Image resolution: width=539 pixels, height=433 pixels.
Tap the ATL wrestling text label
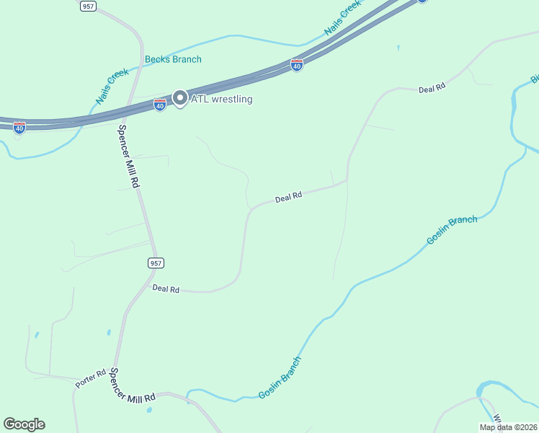(221, 99)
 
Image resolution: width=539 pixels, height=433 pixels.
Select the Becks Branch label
(173, 59)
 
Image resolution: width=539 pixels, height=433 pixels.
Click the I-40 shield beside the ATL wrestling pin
(160, 105)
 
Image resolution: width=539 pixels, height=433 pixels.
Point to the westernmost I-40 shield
(19, 128)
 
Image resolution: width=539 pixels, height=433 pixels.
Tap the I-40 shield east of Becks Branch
(297, 66)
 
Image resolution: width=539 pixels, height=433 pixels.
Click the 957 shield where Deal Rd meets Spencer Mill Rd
(156, 263)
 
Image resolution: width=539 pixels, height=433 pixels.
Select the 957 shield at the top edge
(88, 6)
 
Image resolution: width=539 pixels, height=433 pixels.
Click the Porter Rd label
(90, 378)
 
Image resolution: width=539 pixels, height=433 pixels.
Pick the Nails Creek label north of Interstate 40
(342, 18)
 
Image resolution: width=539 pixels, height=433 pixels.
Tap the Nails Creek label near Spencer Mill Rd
(112, 87)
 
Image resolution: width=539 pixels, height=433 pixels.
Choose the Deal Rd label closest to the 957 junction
(166, 289)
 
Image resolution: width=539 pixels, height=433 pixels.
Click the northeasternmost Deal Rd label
(432, 88)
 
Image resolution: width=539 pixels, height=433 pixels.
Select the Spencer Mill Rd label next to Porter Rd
(133, 388)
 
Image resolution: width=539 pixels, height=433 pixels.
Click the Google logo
(24, 424)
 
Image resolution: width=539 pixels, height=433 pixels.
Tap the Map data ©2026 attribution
(507, 427)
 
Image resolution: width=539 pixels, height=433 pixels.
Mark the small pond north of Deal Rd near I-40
(398, 48)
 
